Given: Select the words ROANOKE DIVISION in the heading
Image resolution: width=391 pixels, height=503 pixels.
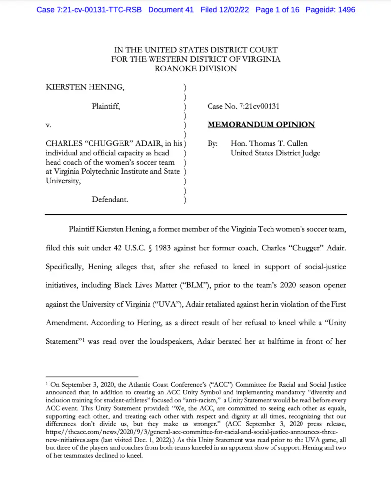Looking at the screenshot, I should pyautogui.click(x=195, y=69).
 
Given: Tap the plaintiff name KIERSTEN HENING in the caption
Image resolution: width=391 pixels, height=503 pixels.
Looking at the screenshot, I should pyautogui.click(x=85, y=88).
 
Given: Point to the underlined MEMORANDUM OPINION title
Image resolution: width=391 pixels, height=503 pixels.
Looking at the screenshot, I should pyautogui.click(x=261, y=125).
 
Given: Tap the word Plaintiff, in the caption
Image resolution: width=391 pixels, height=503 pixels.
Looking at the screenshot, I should pyautogui.click(x=105, y=106).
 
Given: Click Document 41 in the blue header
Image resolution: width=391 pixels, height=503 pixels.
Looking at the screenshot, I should pyautogui.click(x=171, y=10).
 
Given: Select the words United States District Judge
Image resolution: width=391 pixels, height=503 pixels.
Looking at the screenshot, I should pyautogui.click(x=275, y=153).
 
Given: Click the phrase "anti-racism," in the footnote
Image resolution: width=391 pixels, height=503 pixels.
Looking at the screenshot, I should pyautogui.click(x=199, y=400).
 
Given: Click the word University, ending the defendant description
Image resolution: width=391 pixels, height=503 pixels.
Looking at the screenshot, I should pyautogui.click(x=63, y=181).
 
